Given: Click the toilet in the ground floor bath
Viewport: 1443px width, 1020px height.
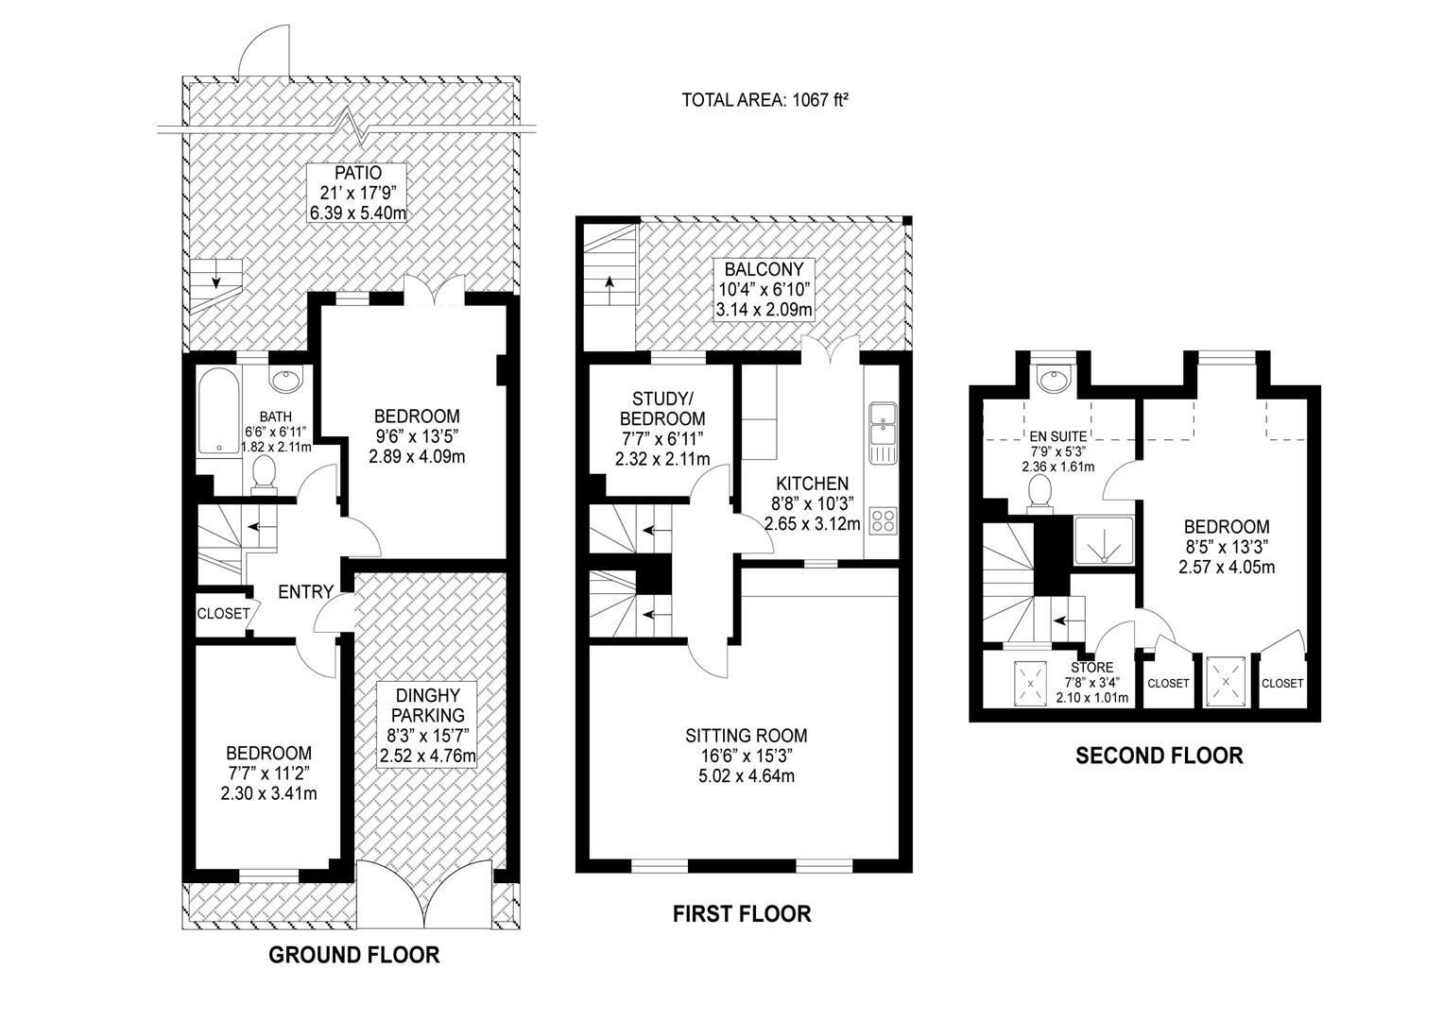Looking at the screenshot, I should pyautogui.click(x=265, y=475).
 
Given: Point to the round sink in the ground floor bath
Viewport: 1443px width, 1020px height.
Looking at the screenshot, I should pyautogui.click(x=284, y=382).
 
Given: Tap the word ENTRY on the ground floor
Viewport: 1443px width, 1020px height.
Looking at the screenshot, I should pyautogui.click(x=305, y=592).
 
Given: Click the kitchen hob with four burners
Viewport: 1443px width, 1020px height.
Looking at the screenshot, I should pyautogui.click(x=883, y=519).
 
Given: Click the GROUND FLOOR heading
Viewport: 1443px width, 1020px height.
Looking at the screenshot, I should pyautogui.click(x=354, y=955).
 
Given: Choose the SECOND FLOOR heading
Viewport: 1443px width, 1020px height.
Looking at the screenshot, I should pyautogui.click(x=1159, y=756).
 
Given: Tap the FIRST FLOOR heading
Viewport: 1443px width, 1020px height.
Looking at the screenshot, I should pyautogui.click(x=741, y=913).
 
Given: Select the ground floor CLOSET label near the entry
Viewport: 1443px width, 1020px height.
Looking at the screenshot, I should pyautogui.click(x=223, y=614).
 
